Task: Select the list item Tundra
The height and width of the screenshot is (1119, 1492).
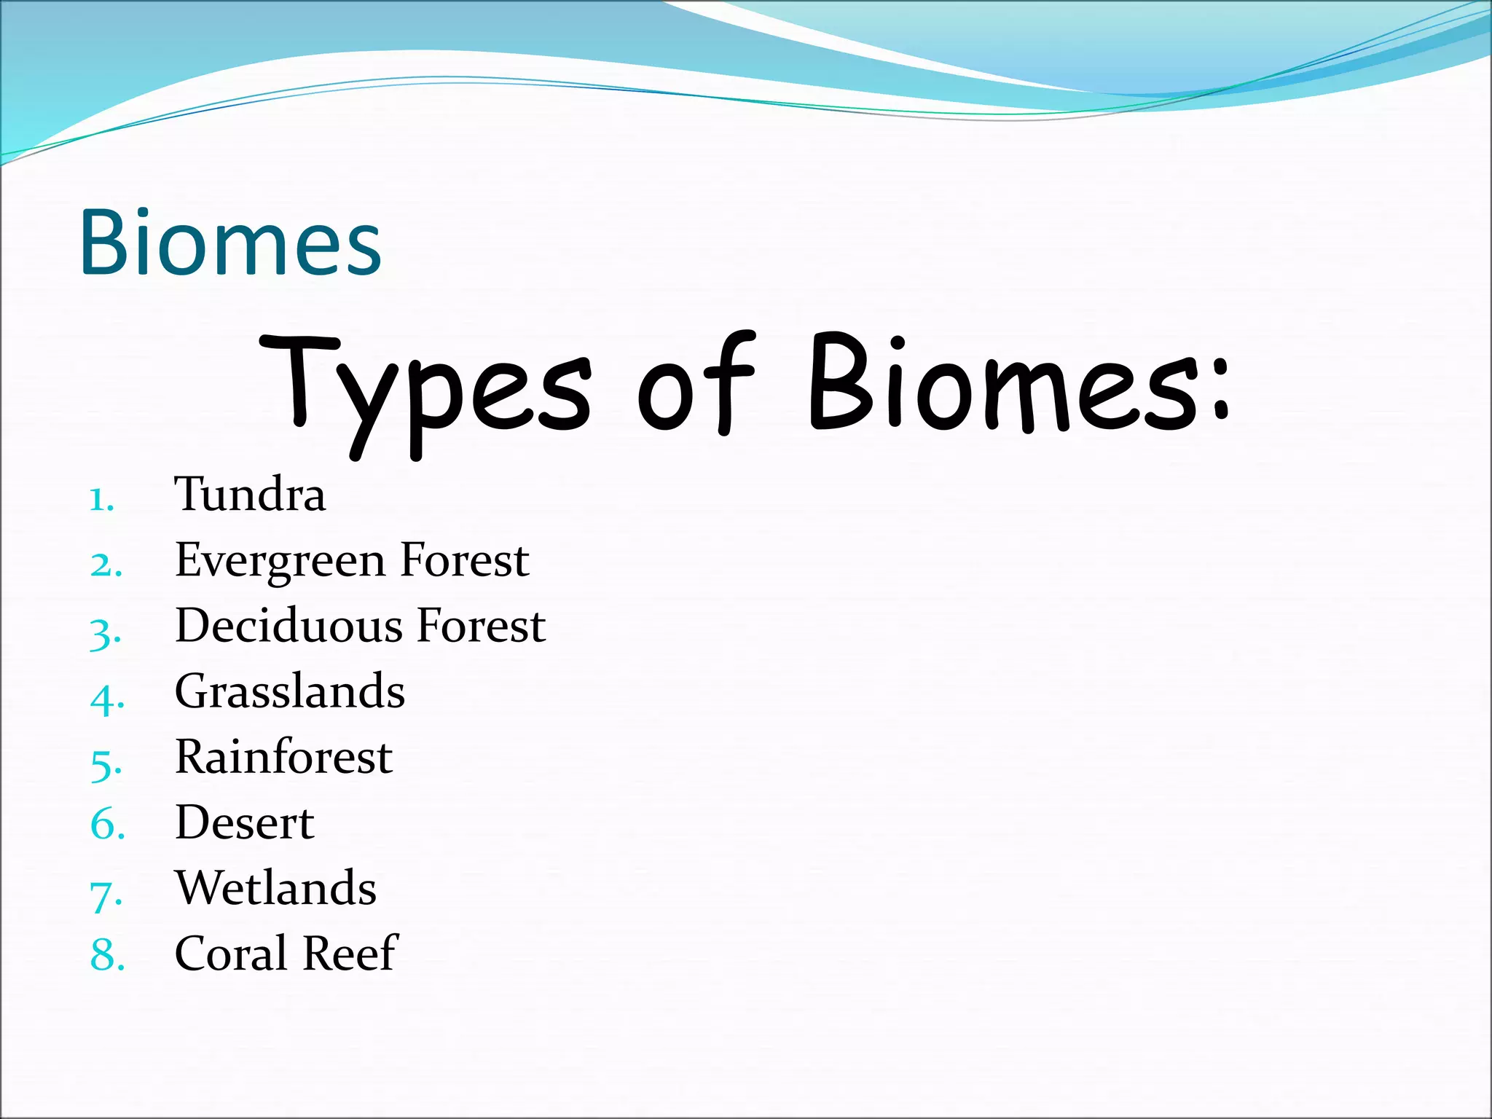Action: pyautogui.click(x=250, y=495)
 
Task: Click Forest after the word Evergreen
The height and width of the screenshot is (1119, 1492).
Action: pyautogui.click(x=465, y=561)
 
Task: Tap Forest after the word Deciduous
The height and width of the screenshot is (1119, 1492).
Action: pyautogui.click(x=482, y=626)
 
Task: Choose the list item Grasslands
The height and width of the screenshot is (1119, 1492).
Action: pyautogui.click(x=289, y=691)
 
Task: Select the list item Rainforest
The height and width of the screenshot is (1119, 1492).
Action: pyautogui.click(x=283, y=757)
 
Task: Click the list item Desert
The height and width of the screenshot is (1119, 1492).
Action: pyautogui.click(x=244, y=823)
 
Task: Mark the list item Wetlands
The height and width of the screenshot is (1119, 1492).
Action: pyautogui.click(x=275, y=889)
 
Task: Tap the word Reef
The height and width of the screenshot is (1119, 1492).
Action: pyautogui.click(x=350, y=954)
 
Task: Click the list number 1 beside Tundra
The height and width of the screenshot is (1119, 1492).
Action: pyautogui.click(x=101, y=501)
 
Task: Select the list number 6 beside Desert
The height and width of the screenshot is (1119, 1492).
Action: pyautogui.click(x=106, y=825)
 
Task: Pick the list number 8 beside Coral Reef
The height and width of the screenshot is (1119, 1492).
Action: pyautogui.click(x=106, y=956)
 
